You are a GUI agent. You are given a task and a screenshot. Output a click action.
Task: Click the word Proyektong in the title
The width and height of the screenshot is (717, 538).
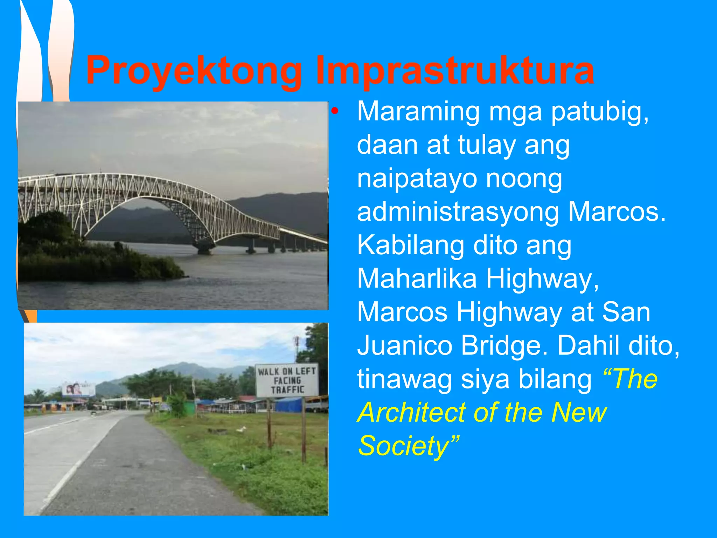(194, 72)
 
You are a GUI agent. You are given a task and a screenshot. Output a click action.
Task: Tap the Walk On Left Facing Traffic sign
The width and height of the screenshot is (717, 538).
(287, 380)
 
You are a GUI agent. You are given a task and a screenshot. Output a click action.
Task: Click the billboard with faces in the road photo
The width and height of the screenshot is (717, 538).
(78, 389)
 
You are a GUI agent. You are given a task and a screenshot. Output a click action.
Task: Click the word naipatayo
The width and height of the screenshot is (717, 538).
(417, 179)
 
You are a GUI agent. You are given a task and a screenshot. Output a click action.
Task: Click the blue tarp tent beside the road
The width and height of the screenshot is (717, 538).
(288, 405)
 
